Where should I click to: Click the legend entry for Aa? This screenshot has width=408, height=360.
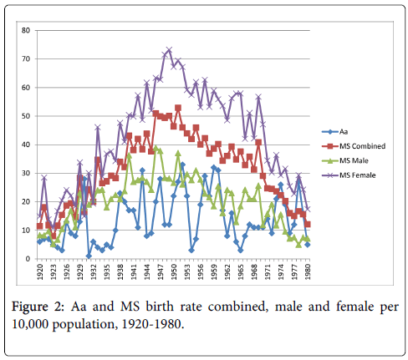tap(334, 131)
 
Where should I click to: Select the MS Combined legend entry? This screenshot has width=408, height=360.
tap(354, 146)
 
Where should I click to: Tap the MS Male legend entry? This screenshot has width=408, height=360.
tap(345, 160)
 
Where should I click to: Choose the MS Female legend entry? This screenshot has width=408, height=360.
tap(349, 175)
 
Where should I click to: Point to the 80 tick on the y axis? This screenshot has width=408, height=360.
tap(26, 30)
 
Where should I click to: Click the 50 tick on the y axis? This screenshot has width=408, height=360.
tap(26, 116)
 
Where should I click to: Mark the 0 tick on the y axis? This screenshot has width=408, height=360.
tap(28, 259)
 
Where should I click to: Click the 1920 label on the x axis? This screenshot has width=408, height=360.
tap(40, 271)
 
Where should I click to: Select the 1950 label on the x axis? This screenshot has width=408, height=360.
tap(174, 271)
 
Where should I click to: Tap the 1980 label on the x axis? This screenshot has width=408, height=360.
tap(308, 271)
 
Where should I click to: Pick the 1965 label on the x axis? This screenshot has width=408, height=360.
tap(241, 271)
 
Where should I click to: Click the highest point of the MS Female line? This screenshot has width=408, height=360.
tap(169, 50)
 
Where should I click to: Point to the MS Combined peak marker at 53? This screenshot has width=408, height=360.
tap(178, 108)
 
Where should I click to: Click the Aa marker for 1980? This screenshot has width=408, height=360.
tap(308, 245)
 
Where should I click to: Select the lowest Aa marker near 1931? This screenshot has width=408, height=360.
tap(89, 256)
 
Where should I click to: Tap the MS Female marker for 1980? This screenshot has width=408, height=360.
tap(308, 209)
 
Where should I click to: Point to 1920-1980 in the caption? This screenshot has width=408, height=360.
tap(153, 324)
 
